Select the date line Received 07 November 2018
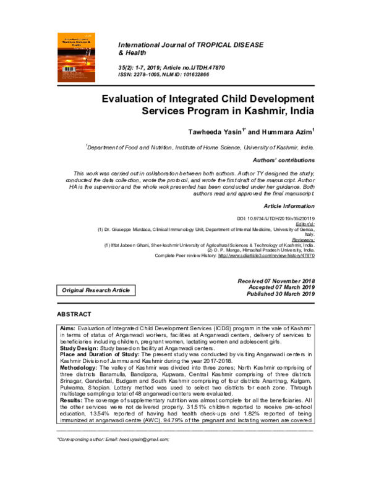pos(276,281)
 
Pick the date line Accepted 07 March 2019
pos(281,288)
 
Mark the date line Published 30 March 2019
pos(280,294)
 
